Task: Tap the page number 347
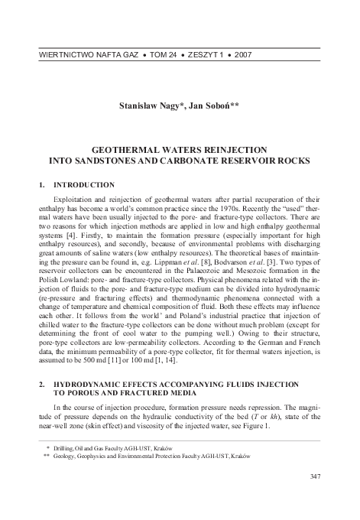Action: (x=313, y=476)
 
